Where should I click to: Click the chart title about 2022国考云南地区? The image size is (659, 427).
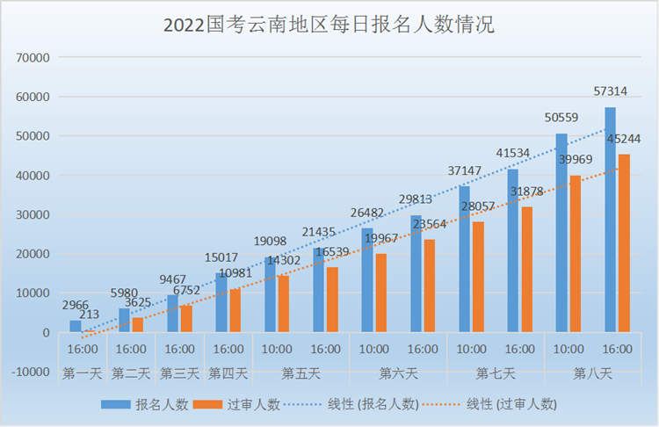(329, 25)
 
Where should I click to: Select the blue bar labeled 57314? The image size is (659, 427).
(610, 220)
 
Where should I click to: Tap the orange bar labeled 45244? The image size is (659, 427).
(624, 243)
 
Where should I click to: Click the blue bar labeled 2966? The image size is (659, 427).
(76, 326)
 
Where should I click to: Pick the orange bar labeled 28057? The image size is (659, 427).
(478, 277)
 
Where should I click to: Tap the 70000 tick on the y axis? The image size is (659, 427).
(33, 58)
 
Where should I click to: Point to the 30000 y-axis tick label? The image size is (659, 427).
(33, 215)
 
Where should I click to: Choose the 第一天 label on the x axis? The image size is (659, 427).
(82, 373)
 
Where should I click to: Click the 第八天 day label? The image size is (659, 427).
(594, 373)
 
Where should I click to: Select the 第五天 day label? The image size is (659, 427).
(301, 373)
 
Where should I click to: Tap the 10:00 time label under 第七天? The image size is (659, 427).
(472, 350)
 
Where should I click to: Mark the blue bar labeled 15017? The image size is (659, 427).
(221, 302)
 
